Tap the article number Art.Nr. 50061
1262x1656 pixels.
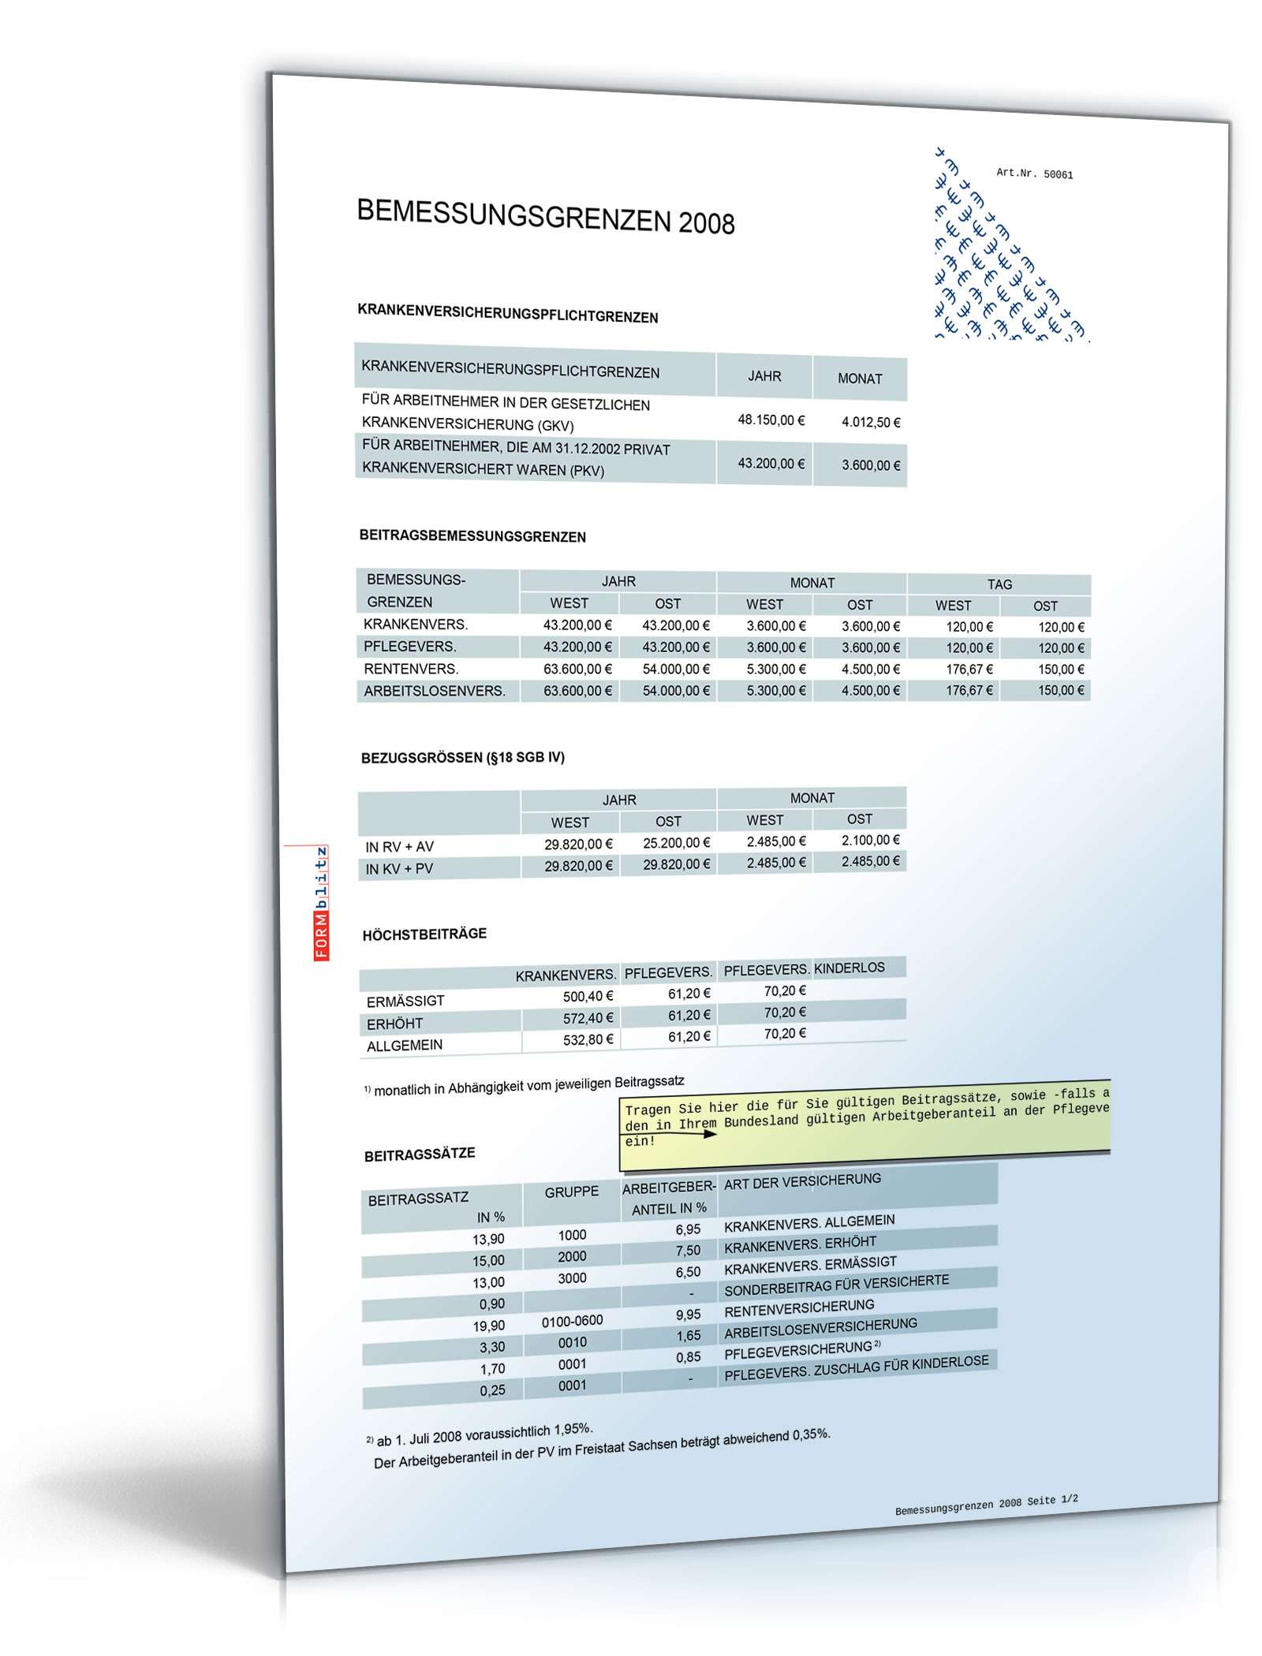click(x=1034, y=173)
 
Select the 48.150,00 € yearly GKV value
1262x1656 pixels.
click(x=771, y=420)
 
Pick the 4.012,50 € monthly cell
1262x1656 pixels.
click(x=870, y=422)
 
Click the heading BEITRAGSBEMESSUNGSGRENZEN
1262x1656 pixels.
click(x=472, y=537)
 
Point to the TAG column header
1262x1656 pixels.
click(x=999, y=584)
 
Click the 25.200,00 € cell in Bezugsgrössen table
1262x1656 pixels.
click(x=676, y=843)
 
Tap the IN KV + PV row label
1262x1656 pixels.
click(x=398, y=868)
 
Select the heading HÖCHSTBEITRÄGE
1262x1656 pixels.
click(x=424, y=934)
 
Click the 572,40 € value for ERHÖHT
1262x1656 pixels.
click(x=588, y=1018)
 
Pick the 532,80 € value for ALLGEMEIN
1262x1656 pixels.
click(x=588, y=1040)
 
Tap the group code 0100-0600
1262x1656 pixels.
click(x=572, y=1320)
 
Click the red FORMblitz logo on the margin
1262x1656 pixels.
click(x=322, y=903)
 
